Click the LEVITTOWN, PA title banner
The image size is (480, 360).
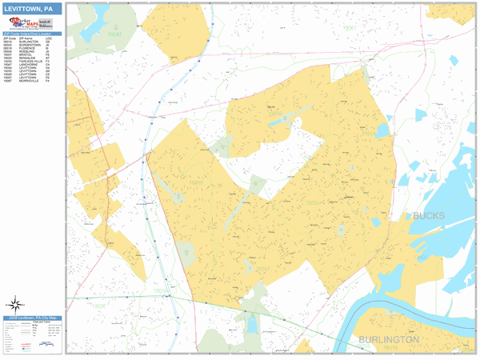click(31, 9)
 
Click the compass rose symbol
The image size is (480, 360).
click(15, 304)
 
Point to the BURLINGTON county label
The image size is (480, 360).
click(390, 339)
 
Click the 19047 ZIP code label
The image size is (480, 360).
click(115, 35)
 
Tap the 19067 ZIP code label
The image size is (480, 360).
click(349, 27)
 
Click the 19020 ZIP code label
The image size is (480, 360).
click(98, 306)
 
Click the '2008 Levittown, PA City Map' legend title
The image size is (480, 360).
click(32, 318)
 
